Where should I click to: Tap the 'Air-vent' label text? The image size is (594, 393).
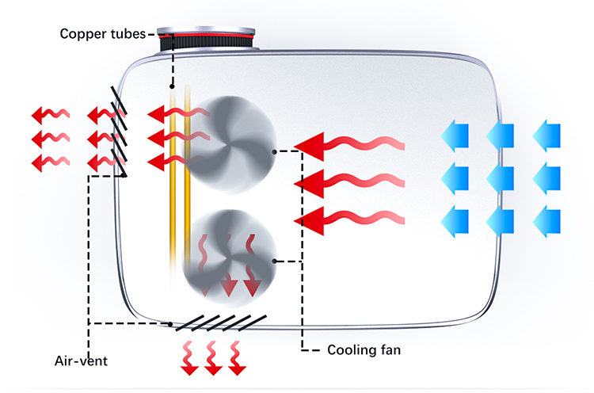[x=82, y=361]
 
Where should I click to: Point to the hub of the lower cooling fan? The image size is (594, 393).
[x=230, y=254]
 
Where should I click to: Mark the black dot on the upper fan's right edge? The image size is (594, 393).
[x=274, y=151]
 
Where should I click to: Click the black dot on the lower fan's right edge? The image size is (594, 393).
[x=274, y=261]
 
